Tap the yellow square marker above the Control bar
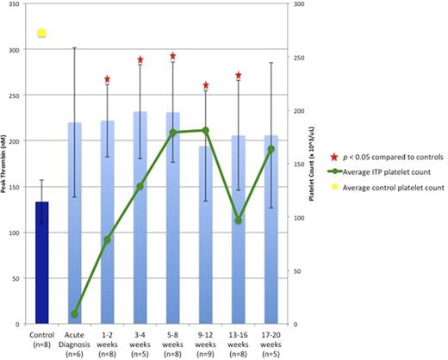tap(41, 34)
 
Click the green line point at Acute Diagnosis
tap(75, 313)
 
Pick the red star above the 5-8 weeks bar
tap(173, 56)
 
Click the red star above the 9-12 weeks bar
tap(206, 85)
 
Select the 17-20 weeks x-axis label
tap(271, 342)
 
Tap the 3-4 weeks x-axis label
tap(140, 342)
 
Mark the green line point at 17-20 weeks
tap(271, 149)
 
